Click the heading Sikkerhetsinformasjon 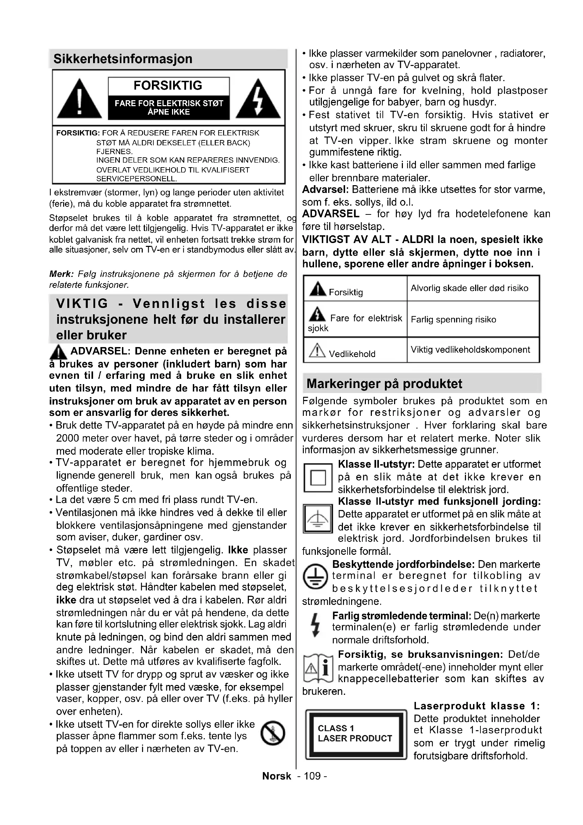point(123,59)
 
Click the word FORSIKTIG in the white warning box point(168,85)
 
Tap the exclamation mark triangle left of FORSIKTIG point(79,99)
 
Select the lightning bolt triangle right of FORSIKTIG point(258,99)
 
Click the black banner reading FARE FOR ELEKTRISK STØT point(169,108)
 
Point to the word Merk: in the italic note point(61,274)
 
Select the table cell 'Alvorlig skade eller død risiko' point(470,288)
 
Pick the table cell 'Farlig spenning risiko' point(453,320)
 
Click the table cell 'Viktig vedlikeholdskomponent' point(470,350)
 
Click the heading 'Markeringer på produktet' point(384,384)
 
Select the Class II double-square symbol point(318,478)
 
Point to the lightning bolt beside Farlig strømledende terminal point(315,625)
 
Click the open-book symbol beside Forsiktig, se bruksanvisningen point(318,668)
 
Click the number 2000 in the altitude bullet point(67,438)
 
